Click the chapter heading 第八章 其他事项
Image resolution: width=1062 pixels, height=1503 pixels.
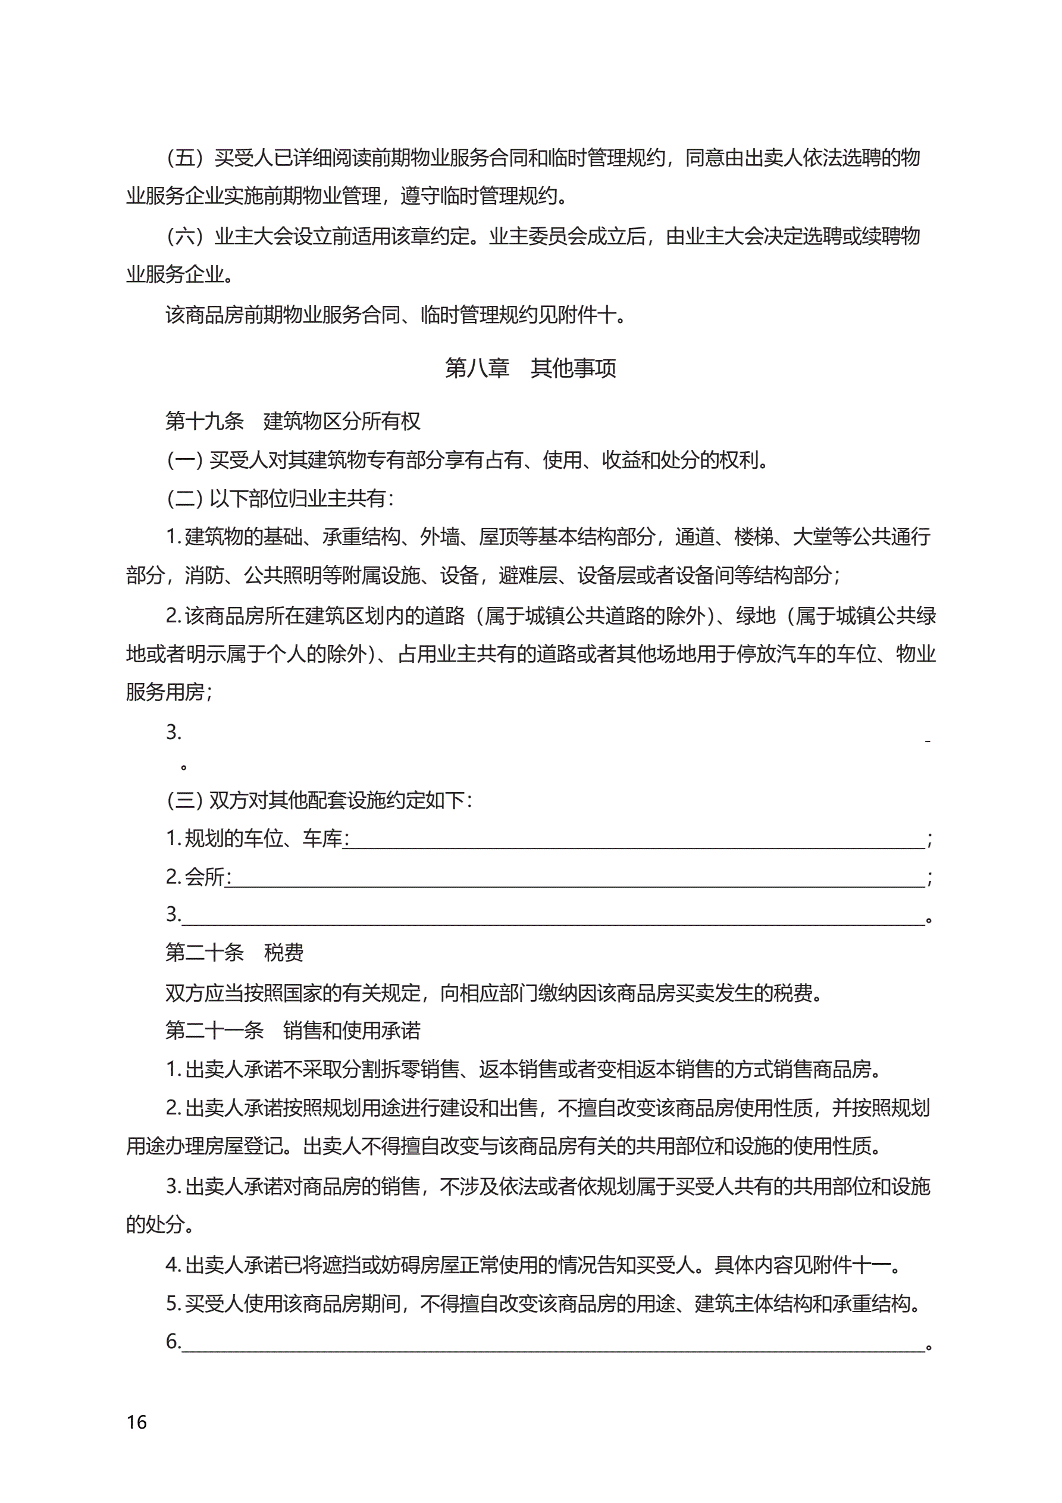(x=530, y=368)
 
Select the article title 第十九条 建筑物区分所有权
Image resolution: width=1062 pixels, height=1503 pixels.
(x=293, y=421)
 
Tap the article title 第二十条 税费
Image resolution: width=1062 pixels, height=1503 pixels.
(x=234, y=953)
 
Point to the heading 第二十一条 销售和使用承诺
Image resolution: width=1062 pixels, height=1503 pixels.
(x=293, y=1031)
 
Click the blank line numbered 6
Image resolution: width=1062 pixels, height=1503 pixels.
(x=553, y=1342)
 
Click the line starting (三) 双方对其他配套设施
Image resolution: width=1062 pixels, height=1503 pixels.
(x=319, y=800)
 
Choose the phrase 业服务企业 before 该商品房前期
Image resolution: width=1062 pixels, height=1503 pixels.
(x=176, y=274)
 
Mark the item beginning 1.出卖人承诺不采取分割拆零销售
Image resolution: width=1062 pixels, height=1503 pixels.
(x=524, y=1070)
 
